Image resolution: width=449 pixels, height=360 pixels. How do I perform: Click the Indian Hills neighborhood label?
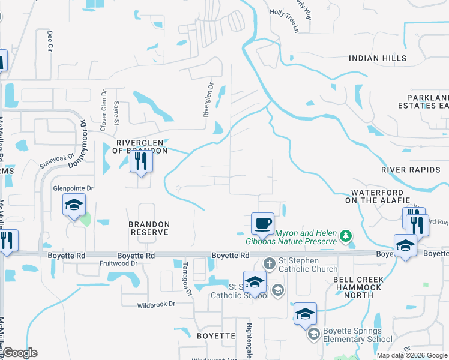point(378,58)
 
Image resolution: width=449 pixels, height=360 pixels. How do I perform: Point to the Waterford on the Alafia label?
point(377,196)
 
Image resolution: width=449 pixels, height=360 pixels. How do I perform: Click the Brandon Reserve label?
point(149,229)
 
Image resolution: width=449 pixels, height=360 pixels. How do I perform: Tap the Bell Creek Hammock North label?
point(358,283)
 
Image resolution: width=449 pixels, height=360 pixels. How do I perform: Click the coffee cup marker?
point(262,224)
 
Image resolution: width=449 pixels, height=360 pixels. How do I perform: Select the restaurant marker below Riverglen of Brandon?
point(141,161)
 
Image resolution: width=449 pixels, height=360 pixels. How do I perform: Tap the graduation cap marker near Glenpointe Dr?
point(74,206)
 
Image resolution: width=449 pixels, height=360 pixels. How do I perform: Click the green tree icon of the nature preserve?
point(345,235)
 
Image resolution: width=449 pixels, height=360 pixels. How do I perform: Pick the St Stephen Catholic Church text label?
point(307,262)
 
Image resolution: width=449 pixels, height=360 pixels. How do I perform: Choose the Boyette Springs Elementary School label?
point(352,335)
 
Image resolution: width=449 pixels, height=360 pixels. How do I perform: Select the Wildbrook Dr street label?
point(155,304)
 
